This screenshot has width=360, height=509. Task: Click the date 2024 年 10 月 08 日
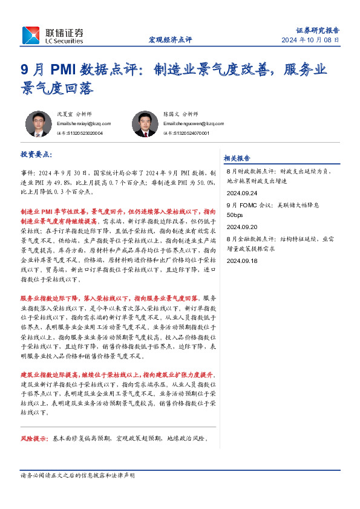coord(310,40)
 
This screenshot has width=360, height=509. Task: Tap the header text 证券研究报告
coord(318,30)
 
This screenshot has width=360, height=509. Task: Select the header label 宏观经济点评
coord(170,40)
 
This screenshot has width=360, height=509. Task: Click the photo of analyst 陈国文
coord(145,124)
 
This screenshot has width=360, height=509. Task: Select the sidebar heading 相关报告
coord(237,158)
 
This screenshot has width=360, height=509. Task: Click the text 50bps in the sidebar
coord(235,215)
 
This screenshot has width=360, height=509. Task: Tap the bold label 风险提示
coord(34,438)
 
